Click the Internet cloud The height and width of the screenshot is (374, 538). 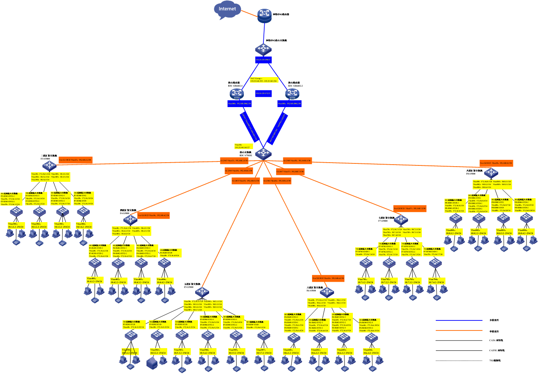(227, 10)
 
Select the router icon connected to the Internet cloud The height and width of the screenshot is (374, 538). (264, 16)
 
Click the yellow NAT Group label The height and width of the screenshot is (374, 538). (264, 80)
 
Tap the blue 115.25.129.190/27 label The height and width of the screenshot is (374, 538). (263, 60)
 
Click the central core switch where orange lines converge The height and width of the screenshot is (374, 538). (263, 153)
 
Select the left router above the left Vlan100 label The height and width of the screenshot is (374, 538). (237, 94)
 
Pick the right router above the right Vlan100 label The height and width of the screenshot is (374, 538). (293, 94)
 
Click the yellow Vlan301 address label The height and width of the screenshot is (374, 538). (16, 225)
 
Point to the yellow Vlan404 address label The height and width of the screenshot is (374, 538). (165, 281)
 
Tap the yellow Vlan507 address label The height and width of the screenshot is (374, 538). (264, 352)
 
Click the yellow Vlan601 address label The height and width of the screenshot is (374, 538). (291, 352)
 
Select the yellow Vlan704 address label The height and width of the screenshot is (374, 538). (436, 281)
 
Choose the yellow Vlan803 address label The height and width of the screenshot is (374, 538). (504, 232)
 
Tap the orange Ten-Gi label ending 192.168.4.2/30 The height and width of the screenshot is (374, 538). (154, 215)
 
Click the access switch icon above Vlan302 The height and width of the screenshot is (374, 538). (39, 211)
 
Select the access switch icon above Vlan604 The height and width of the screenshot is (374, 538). (372, 338)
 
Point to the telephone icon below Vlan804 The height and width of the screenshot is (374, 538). (527, 249)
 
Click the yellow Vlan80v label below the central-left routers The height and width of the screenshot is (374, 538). (243, 146)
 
